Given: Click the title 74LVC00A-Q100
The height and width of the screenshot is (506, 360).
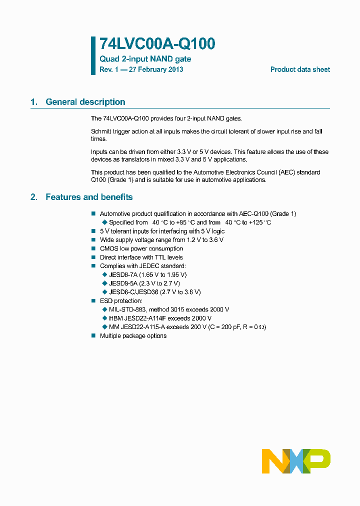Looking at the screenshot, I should [157, 44].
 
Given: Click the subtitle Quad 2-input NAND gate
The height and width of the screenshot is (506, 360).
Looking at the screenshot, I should [145, 59].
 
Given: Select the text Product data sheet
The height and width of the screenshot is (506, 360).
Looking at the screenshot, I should [300, 69].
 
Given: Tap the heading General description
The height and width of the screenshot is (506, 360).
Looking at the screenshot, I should [85, 102].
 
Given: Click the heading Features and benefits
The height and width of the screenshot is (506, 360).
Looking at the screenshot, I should [89, 197].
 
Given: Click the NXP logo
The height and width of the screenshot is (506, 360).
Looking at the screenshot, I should [296, 461].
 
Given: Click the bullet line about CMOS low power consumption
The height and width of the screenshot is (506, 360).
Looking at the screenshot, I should [141, 248].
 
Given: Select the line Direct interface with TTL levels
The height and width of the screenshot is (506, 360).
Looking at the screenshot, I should [141, 257].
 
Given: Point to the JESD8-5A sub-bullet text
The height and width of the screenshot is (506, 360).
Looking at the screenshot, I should [144, 283].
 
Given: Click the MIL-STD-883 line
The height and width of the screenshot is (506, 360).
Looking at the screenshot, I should [169, 309].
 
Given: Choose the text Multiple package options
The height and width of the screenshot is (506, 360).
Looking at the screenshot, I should [133, 335].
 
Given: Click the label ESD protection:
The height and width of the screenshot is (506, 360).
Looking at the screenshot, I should [121, 301].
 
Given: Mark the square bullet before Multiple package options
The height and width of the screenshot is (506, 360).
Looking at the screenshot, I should [93, 335].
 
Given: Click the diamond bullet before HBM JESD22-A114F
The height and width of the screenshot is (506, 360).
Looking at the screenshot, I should [104, 318].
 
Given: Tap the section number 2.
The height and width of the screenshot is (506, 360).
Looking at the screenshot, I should [34, 197].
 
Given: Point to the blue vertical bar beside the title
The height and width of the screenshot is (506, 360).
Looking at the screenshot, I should [93, 55].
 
